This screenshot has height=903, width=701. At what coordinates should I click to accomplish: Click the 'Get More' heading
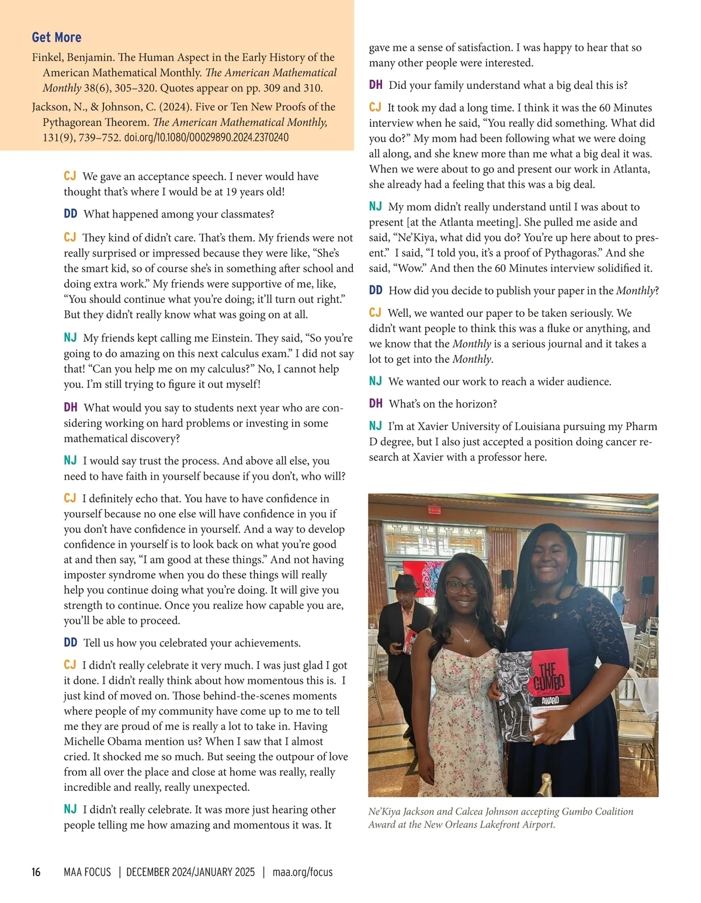(x=57, y=37)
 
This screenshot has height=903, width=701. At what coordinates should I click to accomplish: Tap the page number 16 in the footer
(x=36, y=872)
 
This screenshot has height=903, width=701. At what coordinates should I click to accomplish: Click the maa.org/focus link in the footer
(x=303, y=872)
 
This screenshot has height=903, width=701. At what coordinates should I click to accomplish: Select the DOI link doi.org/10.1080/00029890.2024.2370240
(x=206, y=138)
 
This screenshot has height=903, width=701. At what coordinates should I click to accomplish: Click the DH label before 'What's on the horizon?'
(x=376, y=404)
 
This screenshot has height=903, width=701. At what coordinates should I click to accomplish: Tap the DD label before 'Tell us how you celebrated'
(x=70, y=643)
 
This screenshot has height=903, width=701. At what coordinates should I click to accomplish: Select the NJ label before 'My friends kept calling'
(x=70, y=338)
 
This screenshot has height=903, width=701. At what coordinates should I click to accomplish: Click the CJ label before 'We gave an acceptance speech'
(x=70, y=177)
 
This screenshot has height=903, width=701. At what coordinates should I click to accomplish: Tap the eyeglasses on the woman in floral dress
(x=461, y=586)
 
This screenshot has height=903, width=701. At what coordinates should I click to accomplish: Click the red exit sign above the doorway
(x=434, y=510)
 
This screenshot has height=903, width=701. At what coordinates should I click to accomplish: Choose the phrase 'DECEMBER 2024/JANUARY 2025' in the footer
(x=190, y=872)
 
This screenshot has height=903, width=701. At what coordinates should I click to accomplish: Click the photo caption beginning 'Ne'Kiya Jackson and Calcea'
(x=501, y=818)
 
